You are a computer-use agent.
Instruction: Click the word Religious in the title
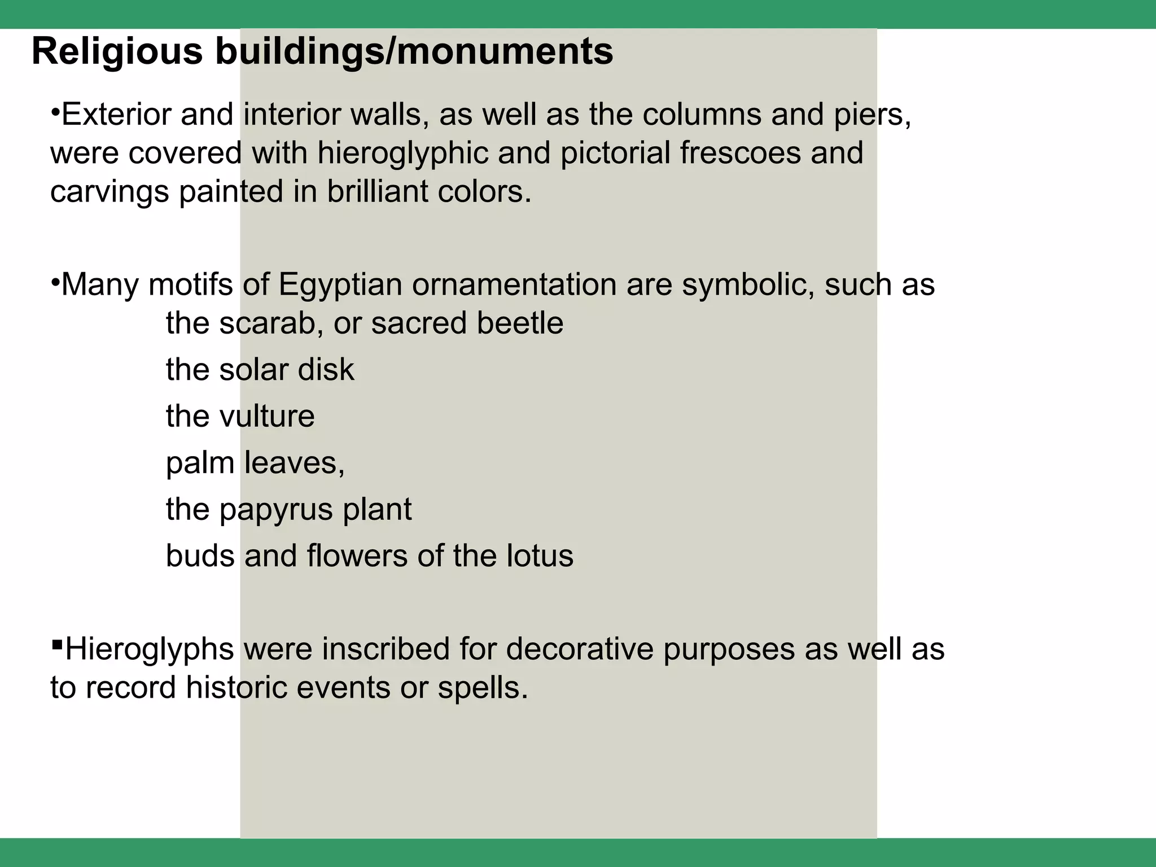tap(117, 52)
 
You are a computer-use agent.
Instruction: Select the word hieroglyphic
tap(402, 154)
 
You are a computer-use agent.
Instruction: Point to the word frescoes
tap(740, 153)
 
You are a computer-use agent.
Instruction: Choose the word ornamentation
tap(514, 284)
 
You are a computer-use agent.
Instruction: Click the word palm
tap(200, 463)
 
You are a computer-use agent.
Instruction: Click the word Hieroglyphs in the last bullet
tap(150, 650)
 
